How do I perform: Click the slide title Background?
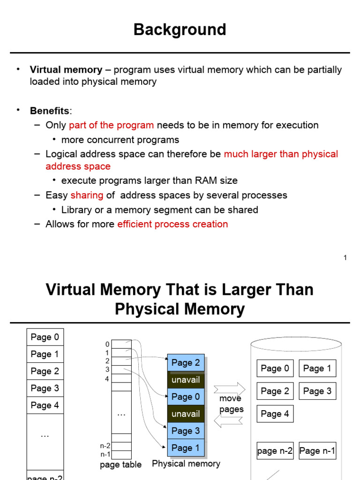pyautogui.click(x=180, y=30)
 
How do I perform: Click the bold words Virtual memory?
pyautogui.click(x=66, y=69)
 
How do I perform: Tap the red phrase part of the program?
pyautogui.click(x=111, y=125)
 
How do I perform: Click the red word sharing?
pyautogui.click(x=87, y=195)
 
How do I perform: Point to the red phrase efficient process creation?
pyautogui.click(x=172, y=224)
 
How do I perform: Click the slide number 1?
pyautogui.click(x=345, y=258)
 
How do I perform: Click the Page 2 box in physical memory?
pyautogui.click(x=186, y=363)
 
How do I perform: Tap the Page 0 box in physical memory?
pyautogui.click(x=186, y=397)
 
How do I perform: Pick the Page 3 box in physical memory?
pyautogui.click(x=186, y=431)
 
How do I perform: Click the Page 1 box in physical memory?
pyautogui.click(x=186, y=448)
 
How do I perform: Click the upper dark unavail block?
pyautogui.click(x=186, y=380)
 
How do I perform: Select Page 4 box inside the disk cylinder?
pyautogui.click(x=275, y=414)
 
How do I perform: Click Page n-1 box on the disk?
pyautogui.click(x=317, y=450)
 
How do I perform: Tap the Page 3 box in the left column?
pyautogui.click(x=45, y=388)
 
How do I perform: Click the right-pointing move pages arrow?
pyautogui.click(x=230, y=390)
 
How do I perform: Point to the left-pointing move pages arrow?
pyautogui.click(x=228, y=420)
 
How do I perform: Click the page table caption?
pyautogui.click(x=120, y=465)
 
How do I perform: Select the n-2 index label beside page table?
pyautogui.click(x=105, y=446)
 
